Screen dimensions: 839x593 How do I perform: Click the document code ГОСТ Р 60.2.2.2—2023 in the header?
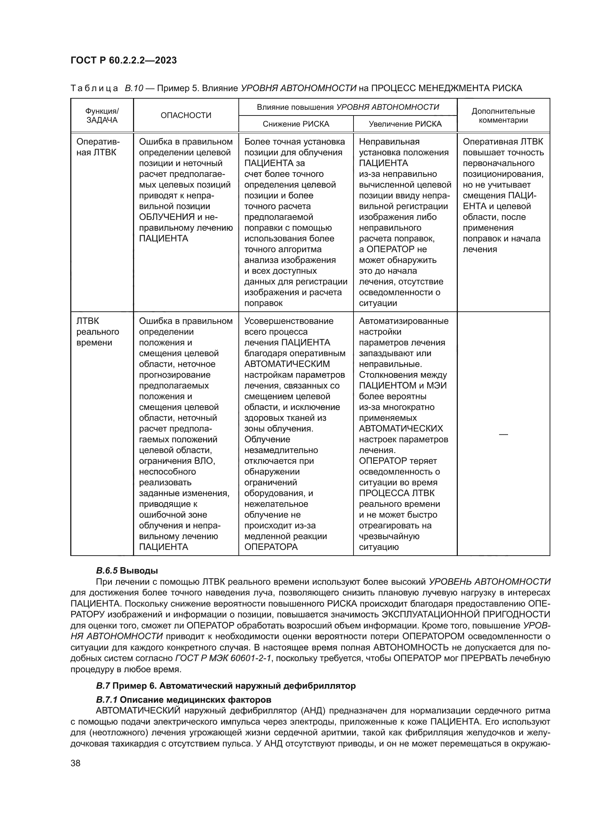tap(124, 60)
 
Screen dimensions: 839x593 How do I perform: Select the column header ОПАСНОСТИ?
tap(186, 116)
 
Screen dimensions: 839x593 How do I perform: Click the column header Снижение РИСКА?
tap(296, 124)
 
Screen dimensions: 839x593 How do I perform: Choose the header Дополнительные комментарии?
tap(503, 116)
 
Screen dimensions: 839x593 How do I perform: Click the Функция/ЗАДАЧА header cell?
tap(102, 116)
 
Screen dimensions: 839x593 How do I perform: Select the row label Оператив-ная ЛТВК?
tap(98, 147)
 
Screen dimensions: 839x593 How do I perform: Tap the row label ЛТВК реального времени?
tap(98, 332)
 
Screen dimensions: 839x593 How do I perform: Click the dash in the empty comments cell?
tap(503, 434)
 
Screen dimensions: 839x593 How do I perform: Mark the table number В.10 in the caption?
tap(134, 88)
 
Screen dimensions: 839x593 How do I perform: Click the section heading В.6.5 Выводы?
tap(127, 571)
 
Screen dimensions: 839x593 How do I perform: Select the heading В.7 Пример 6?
tap(225, 686)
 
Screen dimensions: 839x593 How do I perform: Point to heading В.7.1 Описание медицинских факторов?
tap(184, 700)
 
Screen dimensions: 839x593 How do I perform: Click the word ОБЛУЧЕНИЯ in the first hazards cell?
tap(167, 217)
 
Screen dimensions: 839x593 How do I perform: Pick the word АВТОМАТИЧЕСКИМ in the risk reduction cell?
tap(287, 364)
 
